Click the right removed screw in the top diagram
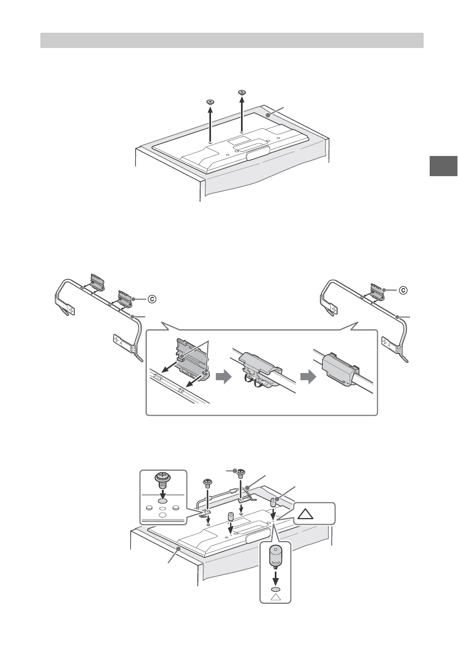coord(242,92)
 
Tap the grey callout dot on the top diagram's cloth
coord(268,115)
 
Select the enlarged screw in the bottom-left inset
coord(162,480)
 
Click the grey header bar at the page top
coord(232,40)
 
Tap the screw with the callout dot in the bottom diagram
coord(238,472)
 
